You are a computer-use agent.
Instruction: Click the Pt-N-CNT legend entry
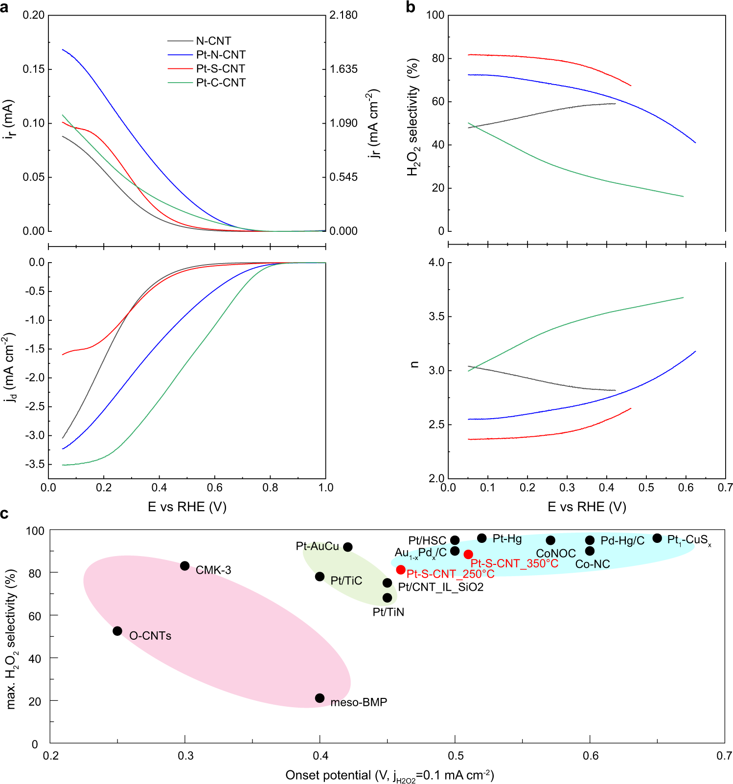(220, 55)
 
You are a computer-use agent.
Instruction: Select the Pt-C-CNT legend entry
(220, 83)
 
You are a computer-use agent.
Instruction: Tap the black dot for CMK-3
(184, 566)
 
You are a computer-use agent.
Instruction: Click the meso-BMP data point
(320, 698)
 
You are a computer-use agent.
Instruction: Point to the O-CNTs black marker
(117, 631)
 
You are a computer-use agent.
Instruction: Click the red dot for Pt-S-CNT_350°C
(468, 554)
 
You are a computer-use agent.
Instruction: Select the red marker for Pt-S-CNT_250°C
(401, 570)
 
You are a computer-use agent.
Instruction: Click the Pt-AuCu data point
(348, 547)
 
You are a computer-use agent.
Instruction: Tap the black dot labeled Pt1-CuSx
(657, 538)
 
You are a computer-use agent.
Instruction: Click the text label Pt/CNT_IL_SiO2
(440, 587)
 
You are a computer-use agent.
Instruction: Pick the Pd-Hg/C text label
(622, 540)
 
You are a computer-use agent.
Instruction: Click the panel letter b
(411, 7)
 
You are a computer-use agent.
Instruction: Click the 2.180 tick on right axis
(343, 15)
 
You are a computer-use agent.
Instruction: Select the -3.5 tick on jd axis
(34, 464)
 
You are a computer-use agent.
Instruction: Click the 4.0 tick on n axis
(436, 263)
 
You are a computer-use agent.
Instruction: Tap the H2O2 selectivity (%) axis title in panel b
(413, 117)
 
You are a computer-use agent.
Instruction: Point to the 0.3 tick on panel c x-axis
(185, 756)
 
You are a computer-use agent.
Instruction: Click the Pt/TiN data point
(387, 598)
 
